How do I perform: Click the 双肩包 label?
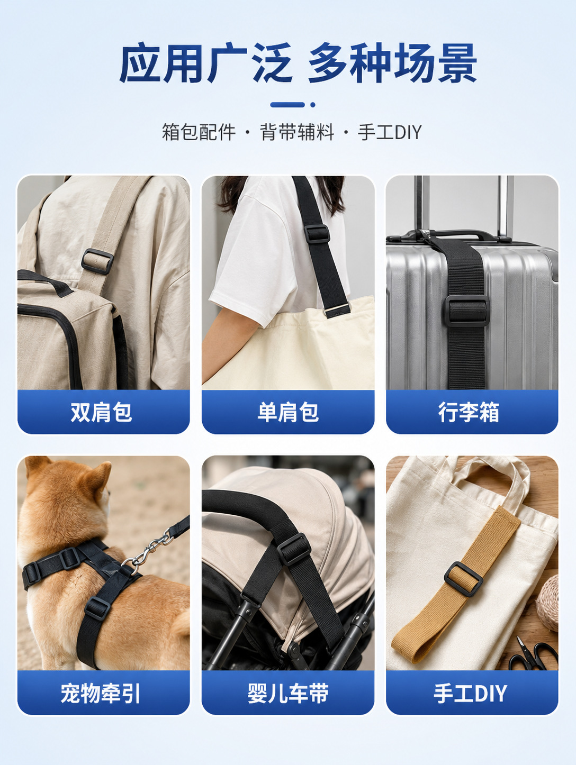(x=101, y=412)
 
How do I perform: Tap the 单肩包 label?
(x=288, y=412)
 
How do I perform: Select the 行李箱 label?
(x=469, y=412)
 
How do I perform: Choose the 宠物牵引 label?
(x=101, y=693)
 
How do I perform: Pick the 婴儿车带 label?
(x=288, y=693)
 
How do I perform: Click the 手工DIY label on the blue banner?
(x=470, y=693)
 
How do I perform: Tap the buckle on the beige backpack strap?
(x=97, y=261)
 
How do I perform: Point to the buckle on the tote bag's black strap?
(x=317, y=234)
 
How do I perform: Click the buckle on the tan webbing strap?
(x=463, y=579)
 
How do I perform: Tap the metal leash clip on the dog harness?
(x=148, y=551)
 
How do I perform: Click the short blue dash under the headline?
(x=287, y=105)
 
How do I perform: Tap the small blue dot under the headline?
(x=313, y=105)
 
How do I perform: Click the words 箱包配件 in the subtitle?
(x=199, y=132)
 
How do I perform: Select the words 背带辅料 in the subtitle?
(x=296, y=132)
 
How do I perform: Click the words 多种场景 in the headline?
(x=392, y=63)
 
